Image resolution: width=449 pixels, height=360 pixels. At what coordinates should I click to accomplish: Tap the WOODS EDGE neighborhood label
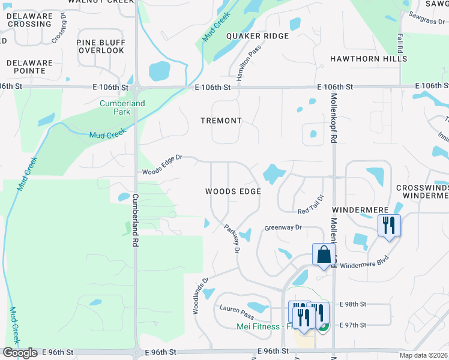tap(233, 191)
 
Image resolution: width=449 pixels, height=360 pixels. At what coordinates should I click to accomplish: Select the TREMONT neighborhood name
tap(221, 121)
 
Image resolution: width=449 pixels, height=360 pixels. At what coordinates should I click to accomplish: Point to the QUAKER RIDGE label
tap(257, 36)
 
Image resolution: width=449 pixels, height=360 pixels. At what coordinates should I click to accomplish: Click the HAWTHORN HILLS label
tap(369, 59)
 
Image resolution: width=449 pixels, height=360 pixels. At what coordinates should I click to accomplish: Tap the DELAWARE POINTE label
tap(26, 67)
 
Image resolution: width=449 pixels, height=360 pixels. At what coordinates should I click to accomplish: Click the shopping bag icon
tap(324, 254)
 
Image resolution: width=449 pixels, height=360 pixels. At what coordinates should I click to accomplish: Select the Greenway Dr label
tap(283, 228)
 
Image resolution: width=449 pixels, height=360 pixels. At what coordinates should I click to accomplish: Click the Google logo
tap(20, 353)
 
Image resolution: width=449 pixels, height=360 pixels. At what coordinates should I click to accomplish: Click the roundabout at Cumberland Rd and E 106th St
tap(136, 88)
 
